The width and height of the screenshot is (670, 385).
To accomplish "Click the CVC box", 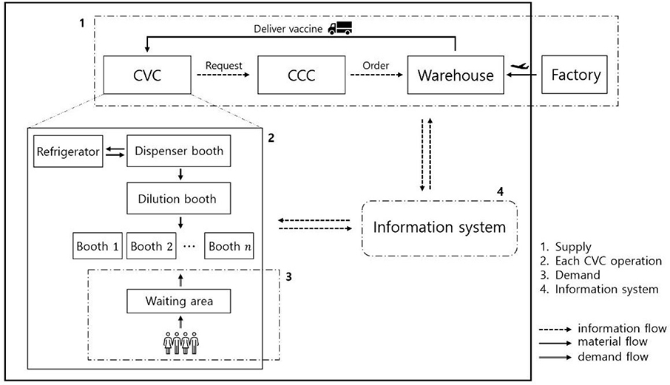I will (x=146, y=75).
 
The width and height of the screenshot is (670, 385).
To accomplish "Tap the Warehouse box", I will (x=455, y=75).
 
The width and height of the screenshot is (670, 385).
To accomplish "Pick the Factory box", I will (x=572, y=75).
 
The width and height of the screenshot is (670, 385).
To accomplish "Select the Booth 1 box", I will (x=98, y=246).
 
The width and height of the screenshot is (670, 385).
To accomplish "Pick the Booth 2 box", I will (x=152, y=246).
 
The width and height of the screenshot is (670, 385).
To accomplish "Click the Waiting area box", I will (x=177, y=301).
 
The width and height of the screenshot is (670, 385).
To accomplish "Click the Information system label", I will (x=439, y=227).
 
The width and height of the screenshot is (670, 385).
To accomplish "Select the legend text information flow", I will (x=623, y=328).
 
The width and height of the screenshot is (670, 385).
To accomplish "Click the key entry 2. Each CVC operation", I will (x=600, y=261).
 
